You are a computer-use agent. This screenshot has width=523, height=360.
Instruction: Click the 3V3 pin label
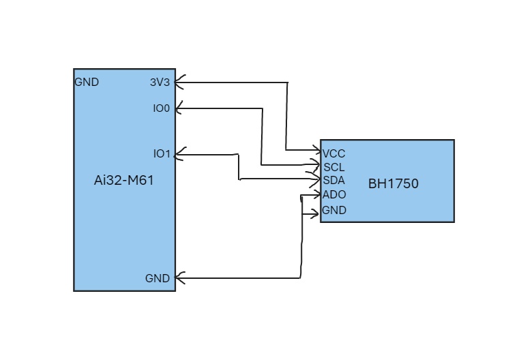[160, 82]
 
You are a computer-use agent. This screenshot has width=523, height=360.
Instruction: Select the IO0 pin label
[162, 108]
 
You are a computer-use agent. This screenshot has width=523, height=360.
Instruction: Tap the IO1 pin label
[162, 154]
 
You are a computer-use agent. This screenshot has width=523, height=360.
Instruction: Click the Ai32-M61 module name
[123, 181]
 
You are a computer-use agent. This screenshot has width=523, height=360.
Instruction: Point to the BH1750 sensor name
[393, 184]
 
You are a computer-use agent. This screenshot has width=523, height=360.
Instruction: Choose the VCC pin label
[334, 154]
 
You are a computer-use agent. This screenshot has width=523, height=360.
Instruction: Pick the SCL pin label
[334, 167]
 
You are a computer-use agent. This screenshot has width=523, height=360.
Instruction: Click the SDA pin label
[334, 180]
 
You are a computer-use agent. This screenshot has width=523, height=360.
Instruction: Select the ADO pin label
[334, 194]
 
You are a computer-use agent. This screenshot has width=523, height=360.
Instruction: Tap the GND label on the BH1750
[334, 210]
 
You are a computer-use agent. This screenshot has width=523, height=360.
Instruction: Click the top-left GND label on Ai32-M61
[87, 82]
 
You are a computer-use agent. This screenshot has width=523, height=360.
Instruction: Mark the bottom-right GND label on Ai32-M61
[158, 278]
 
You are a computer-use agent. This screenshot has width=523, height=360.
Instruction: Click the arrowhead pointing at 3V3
[179, 82]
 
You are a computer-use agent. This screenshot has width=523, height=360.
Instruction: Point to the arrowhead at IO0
[179, 108]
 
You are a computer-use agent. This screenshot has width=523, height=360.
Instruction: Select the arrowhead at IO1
[179, 154]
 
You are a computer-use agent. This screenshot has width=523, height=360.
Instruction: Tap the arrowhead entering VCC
[316, 150]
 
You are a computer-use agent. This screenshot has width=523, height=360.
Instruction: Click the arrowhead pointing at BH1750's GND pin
[315, 214]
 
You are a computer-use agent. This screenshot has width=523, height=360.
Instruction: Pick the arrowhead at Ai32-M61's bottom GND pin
[179, 278]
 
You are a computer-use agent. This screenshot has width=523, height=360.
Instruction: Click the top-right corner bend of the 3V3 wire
[288, 82]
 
